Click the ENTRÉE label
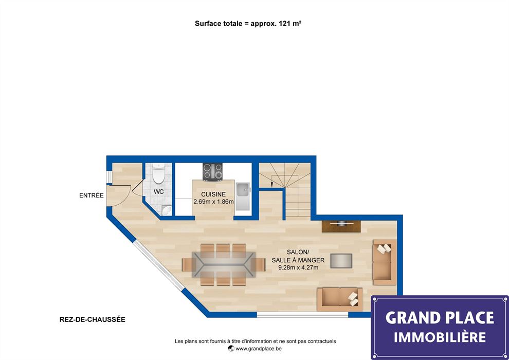92,195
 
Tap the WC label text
159,192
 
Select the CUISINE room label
213,194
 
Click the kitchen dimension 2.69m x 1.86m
213,202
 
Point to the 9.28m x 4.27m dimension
298,268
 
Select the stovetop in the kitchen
213,172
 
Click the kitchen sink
243,196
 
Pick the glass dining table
223,264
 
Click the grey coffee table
341,261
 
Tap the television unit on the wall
341,226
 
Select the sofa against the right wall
385,262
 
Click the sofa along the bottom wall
340,299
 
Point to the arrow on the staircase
271,185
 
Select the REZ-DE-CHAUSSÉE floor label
93,319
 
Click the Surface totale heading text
248,23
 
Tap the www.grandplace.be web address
255,349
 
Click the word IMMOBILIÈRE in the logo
440,337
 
